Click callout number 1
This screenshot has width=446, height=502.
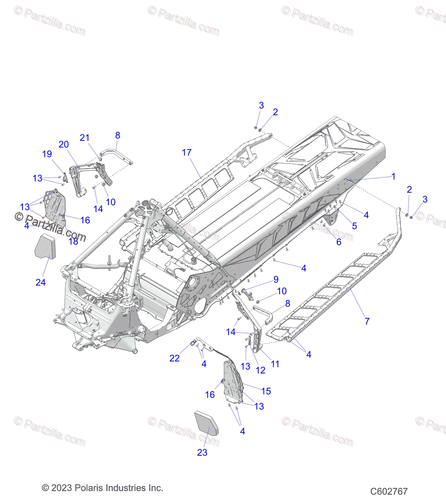click(393, 177)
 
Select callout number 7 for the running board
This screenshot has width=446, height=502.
click(367, 321)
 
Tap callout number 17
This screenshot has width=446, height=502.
click(187, 153)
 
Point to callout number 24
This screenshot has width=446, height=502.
click(41, 282)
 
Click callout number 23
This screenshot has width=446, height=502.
click(202, 452)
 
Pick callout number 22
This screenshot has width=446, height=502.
click(174, 358)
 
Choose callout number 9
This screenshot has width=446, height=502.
click(276, 279)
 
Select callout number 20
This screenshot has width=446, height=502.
click(64, 144)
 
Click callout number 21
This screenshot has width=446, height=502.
click(85, 138)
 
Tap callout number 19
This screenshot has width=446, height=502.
click(47, 154)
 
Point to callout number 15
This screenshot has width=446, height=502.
click(266, 391)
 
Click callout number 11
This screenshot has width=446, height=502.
click(275, 364)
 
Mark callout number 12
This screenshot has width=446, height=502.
click(260, 370)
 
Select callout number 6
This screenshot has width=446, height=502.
click(339, 242)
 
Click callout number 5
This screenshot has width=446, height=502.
click(354, 226)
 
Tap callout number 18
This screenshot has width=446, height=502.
click(73, 241)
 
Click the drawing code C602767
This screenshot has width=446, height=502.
click(389, 491)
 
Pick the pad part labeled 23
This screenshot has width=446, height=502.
click(207, 424)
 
